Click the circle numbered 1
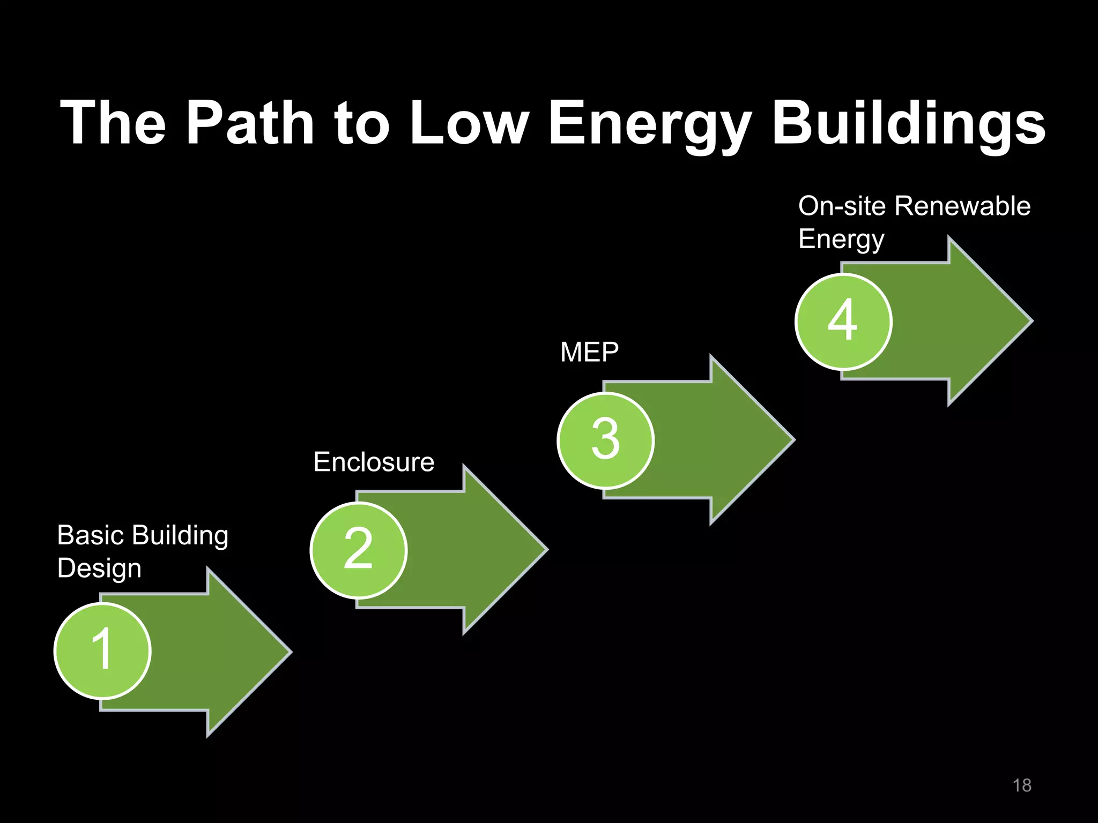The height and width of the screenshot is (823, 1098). tap(102, 650)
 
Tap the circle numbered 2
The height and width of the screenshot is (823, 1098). tap(359, 550)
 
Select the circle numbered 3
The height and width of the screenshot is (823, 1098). tap(606, 440)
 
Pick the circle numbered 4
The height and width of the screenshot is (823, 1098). tap(843, 321)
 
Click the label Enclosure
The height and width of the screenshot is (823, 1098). tap(374, 462)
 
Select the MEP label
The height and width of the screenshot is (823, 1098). tap(589, 353)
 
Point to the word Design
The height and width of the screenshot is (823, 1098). tap(99, 568)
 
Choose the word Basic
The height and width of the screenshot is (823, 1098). tap(91, 535)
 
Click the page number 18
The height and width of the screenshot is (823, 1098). tap(1022, 785)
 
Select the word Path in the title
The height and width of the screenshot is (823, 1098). tap(250, 123)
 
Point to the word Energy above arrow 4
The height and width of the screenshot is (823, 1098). tap(841, 240)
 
